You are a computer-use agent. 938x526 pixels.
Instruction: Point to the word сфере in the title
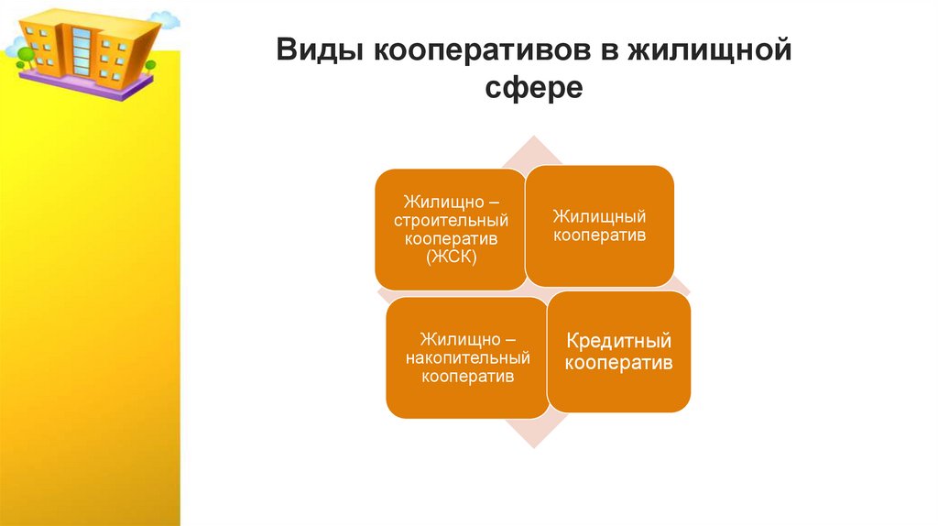click(x=533, y=88)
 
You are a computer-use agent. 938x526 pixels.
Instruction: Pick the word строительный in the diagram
click(x=451, y=220)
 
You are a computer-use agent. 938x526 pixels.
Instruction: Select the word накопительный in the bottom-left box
click(x=467, y=358)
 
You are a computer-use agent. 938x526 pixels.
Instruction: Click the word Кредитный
click(x=618, y=342)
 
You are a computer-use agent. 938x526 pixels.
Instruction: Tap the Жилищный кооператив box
click(x=599, y=225)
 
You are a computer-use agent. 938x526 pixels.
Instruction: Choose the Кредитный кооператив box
click(x=618, y=353)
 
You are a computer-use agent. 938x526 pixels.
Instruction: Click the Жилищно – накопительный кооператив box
click(x=467, y=358)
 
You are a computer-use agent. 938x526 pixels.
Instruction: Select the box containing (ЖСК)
click(x=451, y=229)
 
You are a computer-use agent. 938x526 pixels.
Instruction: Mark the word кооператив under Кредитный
click(x=618, y=364)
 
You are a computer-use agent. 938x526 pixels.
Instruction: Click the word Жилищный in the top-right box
click(x=599, y=216)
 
